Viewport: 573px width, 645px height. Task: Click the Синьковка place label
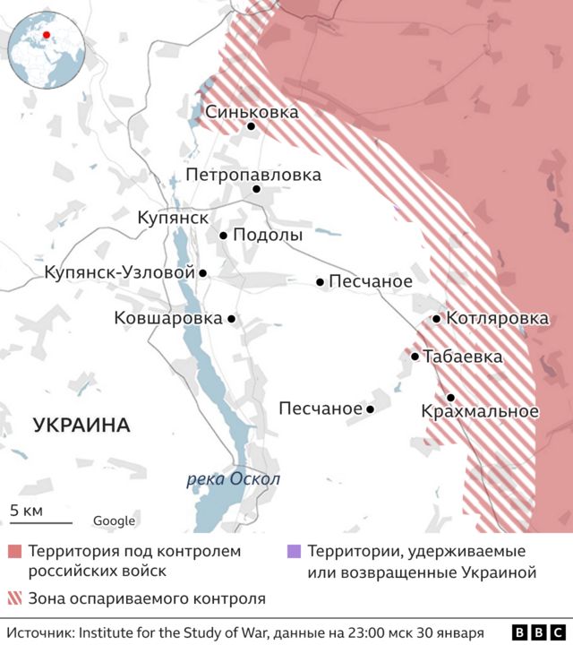(252, 113)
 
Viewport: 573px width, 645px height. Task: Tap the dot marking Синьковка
(252, 127)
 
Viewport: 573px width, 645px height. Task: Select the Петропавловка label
(252, 175)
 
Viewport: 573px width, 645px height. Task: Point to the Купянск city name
(174, 218)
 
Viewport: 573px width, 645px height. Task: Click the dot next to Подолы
(224, 236)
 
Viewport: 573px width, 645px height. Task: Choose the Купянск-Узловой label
(119, 272)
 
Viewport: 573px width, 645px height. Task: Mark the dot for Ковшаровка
(232, 318)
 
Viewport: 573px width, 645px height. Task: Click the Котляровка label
(497, 318)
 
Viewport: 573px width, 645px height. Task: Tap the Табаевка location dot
(415, 357)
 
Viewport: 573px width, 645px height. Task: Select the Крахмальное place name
(479, 412)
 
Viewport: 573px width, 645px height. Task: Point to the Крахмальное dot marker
(450, 398)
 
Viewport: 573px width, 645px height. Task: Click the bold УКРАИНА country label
(81, 425)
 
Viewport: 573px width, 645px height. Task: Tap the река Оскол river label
(234, 479)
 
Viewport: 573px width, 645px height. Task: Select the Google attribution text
(114, 520)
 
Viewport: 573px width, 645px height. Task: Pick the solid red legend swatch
(15, 551)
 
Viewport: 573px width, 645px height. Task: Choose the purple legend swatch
(295, 551)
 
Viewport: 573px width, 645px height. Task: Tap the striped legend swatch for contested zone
(15, 598)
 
